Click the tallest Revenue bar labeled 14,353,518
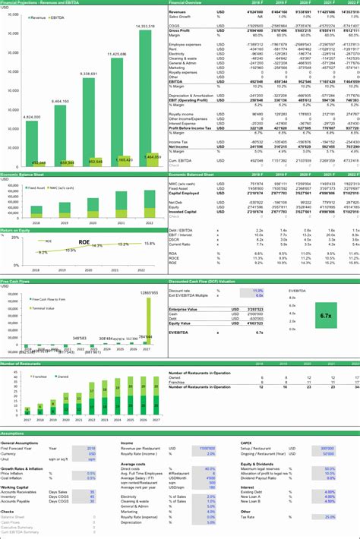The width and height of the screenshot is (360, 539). tap(150, 99)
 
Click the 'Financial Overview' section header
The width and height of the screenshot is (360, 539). tap(185, 3)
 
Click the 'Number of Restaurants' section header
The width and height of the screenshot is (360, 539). tap(21, 364)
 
